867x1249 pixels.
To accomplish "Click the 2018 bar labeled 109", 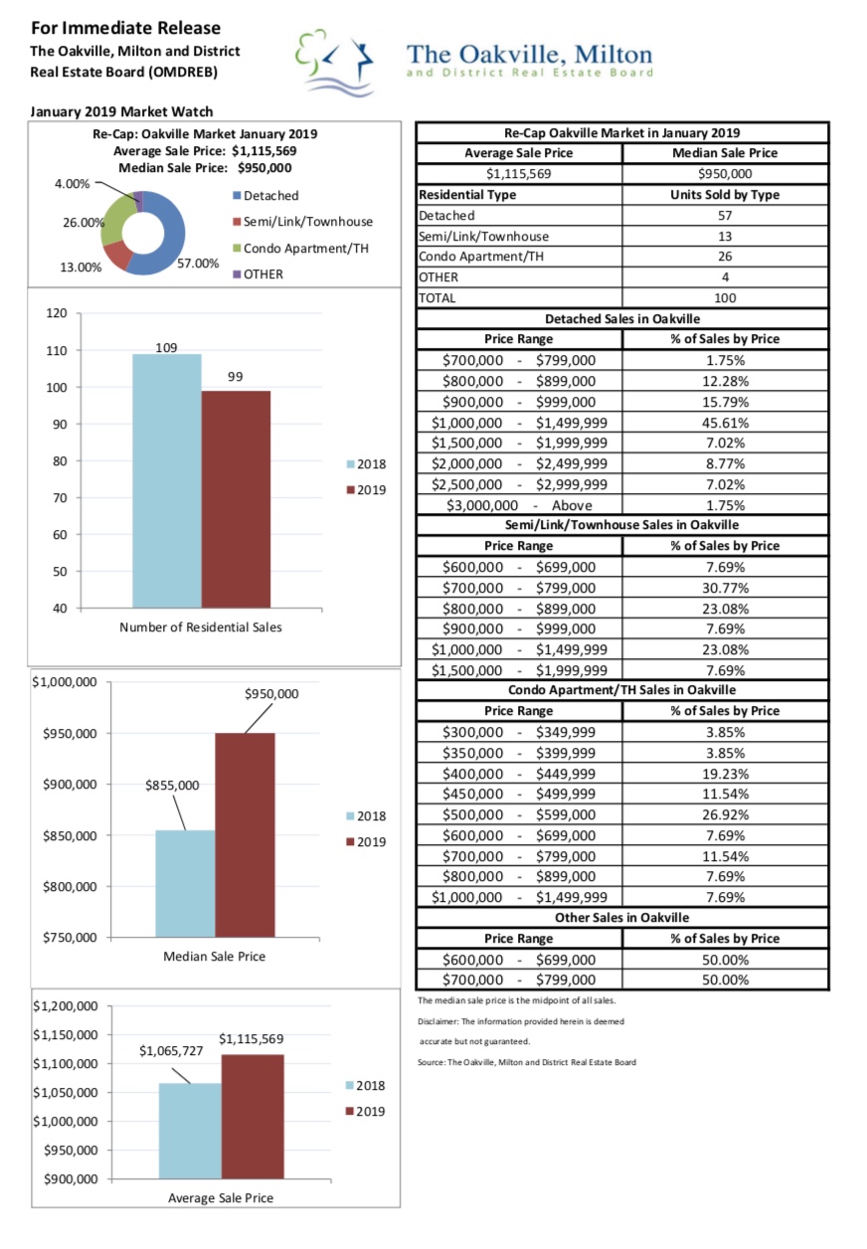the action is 167,480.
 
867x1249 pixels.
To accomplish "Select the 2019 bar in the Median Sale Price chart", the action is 245,834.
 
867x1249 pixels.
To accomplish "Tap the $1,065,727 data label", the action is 171,1051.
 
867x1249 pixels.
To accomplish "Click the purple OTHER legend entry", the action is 258,274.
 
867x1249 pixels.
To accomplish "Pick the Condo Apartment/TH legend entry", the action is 300,249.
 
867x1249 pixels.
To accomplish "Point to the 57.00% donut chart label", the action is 198,264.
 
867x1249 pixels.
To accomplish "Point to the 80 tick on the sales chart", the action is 60,461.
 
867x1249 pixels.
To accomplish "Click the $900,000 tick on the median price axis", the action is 70,785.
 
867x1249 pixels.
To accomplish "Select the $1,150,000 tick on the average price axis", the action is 66,1035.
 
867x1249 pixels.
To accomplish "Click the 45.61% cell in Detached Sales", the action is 725,423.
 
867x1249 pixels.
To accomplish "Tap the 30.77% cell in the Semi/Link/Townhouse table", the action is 725,588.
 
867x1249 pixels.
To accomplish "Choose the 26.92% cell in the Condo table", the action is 725,814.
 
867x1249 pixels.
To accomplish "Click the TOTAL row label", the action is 437,297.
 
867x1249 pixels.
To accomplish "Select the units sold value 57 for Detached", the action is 725,215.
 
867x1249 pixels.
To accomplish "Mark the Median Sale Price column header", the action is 725,153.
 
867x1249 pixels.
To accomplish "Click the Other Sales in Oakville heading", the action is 621,918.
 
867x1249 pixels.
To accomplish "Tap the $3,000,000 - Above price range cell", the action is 519,505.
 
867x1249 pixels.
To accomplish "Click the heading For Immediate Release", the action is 126,28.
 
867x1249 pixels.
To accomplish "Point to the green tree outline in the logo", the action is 310,52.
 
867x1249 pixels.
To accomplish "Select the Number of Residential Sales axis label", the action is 201,627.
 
